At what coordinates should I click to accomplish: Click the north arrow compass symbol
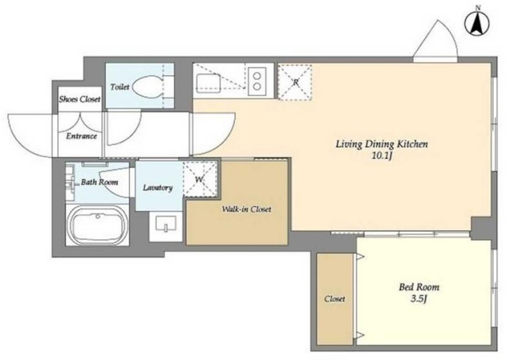pyautogui.click(x=477, y=22)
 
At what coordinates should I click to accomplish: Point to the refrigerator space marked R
pyautogui.click(x=295, y=82)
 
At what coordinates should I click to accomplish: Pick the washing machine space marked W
pyautogui.click(x=200, y=179)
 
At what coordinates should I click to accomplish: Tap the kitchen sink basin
pyautogui.click(x=208, y=83)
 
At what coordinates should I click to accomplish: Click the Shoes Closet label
pyautogui.click(x=80, y=99)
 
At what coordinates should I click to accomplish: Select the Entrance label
pyautogui.click(x=81, y=136)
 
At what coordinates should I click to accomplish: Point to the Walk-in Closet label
pyautogui.click(x=246, y=209)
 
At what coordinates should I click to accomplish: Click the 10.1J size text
pyautogui.click(x=382, y=156)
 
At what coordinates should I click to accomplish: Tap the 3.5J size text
pyautogui.click(x=419, y=299)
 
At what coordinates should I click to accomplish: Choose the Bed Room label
pyautogui.click(x=419, y=286)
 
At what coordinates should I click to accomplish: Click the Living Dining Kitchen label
pyautogui.click(x=382, y=144)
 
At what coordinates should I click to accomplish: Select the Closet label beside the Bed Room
pyautogui.click(x=335, y=299)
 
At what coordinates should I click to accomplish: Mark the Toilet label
pyautogui.click(x=120, y=87)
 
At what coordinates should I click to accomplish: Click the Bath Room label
pyautogui.click(x=99, y=182)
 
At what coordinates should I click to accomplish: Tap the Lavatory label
pyautogui.click(x=158, y=187)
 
